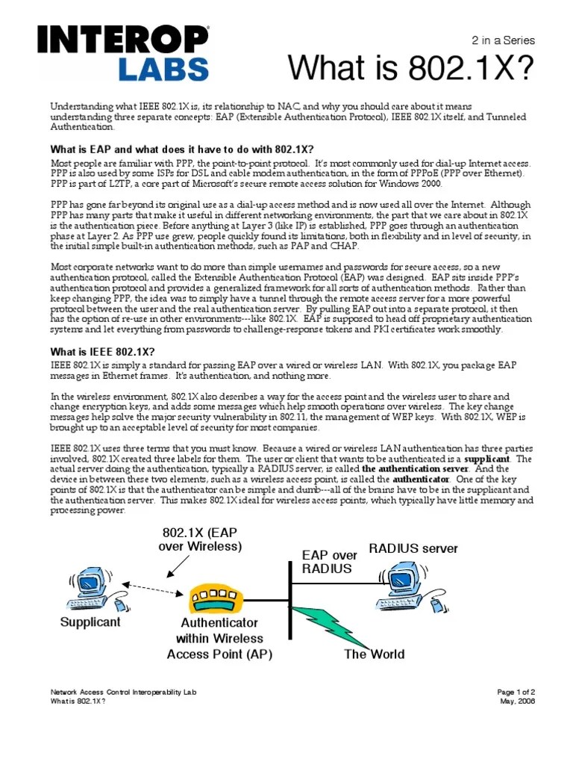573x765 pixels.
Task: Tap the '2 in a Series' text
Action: (x=504, y=41)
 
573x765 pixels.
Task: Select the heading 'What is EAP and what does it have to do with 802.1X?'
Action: (x=181, y=149)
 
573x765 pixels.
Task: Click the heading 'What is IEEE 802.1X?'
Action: (x=102, y=351)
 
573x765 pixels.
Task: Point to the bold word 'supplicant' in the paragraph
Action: (x=487, y=458)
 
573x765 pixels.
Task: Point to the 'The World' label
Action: (x=374, y=654)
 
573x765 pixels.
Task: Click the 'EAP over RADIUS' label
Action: (x=330, y=562)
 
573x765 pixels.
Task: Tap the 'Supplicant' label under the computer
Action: (x=90, y=622)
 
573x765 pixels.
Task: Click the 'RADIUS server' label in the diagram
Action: (x=413, y=549)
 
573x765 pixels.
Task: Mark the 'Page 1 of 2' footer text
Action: (x=516, y=693)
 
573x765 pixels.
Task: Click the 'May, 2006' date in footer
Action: (x=517, y=701)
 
